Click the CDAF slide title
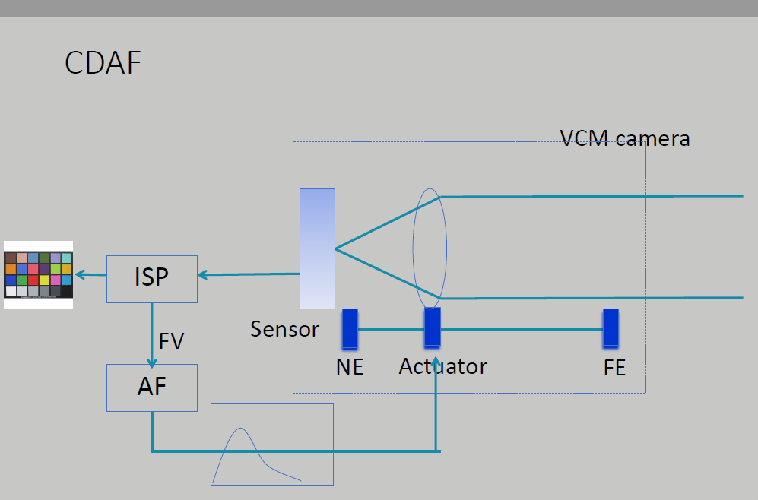pos(103,63)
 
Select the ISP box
pos(152,279)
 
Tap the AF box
pos(152,388)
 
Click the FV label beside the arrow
pos(172,341)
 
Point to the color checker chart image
pos(38,275)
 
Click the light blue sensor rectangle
pos(317,248)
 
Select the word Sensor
pos(285,330)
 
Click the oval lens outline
pos(430,248)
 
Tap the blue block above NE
pos(350,328)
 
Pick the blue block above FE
pos(611,328)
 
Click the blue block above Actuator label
pos(432,328)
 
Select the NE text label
pos(350,367)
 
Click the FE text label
pos(614,368)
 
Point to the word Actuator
pos(442,367)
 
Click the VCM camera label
pos(625,138)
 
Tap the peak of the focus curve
pos(240,428)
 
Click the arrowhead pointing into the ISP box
pos(202,275)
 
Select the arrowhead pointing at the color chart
pos(81,275)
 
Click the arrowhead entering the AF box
pos(152,363)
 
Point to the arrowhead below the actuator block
pos(436,362)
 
